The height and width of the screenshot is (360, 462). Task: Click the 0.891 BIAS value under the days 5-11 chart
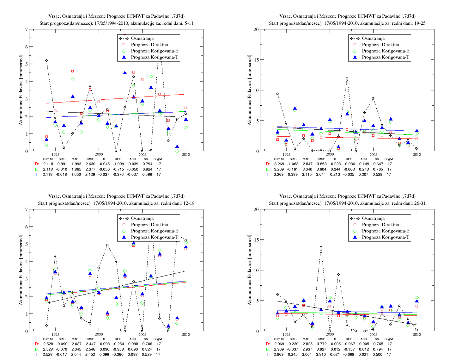(x=62, y=164)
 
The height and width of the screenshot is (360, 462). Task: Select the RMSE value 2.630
(x=90, y=164)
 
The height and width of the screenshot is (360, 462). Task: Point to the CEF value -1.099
(x=118, y=164)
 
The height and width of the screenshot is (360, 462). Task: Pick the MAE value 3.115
(x=307, y=175)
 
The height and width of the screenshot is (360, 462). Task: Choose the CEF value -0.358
(x=118, y=349)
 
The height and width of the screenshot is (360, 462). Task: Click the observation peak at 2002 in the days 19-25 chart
(x=347, y=78)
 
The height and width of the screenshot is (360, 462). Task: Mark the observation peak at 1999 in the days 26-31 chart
(x=321, y=247)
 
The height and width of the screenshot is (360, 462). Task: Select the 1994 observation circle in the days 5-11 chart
(x=46, y=61)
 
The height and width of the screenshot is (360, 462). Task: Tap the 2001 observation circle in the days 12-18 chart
(x=107, y=245)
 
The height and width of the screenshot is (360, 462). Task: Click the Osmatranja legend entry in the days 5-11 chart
(x=142, y=39)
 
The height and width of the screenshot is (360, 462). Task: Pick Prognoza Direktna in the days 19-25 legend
(x=380, y=45)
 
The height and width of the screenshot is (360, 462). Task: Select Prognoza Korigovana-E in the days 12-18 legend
(x=155, y=231)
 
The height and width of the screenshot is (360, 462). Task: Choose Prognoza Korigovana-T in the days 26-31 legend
(x=386, y=237)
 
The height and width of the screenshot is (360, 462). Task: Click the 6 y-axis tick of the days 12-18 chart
(x=26, y=227)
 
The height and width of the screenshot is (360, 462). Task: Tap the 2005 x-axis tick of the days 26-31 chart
(x=373, y=334)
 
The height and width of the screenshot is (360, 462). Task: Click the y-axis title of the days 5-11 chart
(x=21, y=90)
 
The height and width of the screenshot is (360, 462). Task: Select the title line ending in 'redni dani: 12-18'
(x=116, y=203)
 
